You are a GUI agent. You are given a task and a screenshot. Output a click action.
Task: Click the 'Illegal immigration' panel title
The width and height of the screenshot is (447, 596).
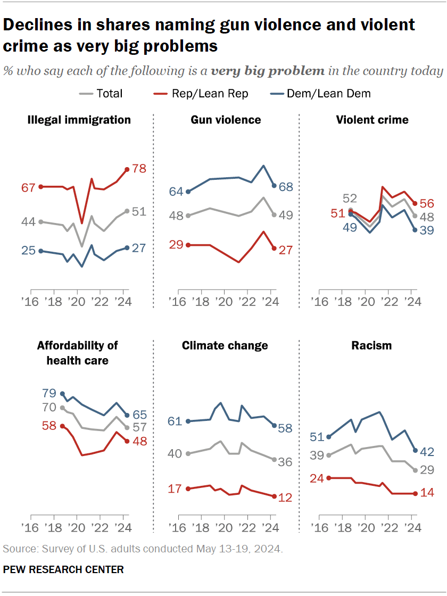(x=79, y=120)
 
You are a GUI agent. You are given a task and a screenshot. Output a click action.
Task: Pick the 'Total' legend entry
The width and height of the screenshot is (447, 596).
(x=109, y=94)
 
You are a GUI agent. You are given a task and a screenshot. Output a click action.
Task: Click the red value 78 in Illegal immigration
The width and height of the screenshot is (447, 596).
(x=139, y=169)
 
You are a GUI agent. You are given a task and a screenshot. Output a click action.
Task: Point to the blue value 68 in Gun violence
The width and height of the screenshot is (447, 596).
(x=286, y=187)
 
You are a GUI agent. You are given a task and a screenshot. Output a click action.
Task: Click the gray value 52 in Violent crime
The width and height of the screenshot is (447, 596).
(x=349, y=198)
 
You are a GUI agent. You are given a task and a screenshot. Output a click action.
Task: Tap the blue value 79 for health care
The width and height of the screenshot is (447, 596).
(x=49, y=394)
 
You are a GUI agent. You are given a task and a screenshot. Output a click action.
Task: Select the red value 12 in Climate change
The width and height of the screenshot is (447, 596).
(x=285, y=498)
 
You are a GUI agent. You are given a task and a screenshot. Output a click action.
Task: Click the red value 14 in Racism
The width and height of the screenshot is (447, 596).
(x=427, y=493)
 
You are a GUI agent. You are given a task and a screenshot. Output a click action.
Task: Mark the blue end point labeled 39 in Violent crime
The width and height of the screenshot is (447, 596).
(x=415, y=230)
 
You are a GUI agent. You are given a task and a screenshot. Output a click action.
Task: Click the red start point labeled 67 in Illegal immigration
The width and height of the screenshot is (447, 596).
(x=40, y=187)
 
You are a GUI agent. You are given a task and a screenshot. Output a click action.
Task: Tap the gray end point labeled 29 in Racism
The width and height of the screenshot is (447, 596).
(x=415, y=470)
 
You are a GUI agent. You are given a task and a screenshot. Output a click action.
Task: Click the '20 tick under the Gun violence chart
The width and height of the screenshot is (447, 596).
(x=223, y=303)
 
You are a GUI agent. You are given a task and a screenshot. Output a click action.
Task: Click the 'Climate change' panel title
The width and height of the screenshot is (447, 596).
(x=225, y=346)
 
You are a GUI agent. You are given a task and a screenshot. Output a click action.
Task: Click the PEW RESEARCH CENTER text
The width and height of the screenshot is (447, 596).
(x=63, y=569)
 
